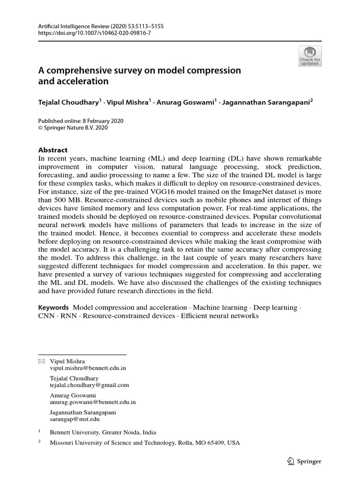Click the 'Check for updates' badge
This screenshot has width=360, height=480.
point(310,56)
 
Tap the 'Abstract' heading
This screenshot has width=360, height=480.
point(52,150)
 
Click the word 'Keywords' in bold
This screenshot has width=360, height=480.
point(54,307)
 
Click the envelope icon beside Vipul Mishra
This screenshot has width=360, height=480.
point(41,361)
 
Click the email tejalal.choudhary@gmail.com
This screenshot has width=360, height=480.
point(89,385)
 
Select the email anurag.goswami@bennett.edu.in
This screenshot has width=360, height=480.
point(93,402)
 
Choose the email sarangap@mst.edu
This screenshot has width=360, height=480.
point(75,419)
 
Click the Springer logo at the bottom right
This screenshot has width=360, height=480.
point(304,461)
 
